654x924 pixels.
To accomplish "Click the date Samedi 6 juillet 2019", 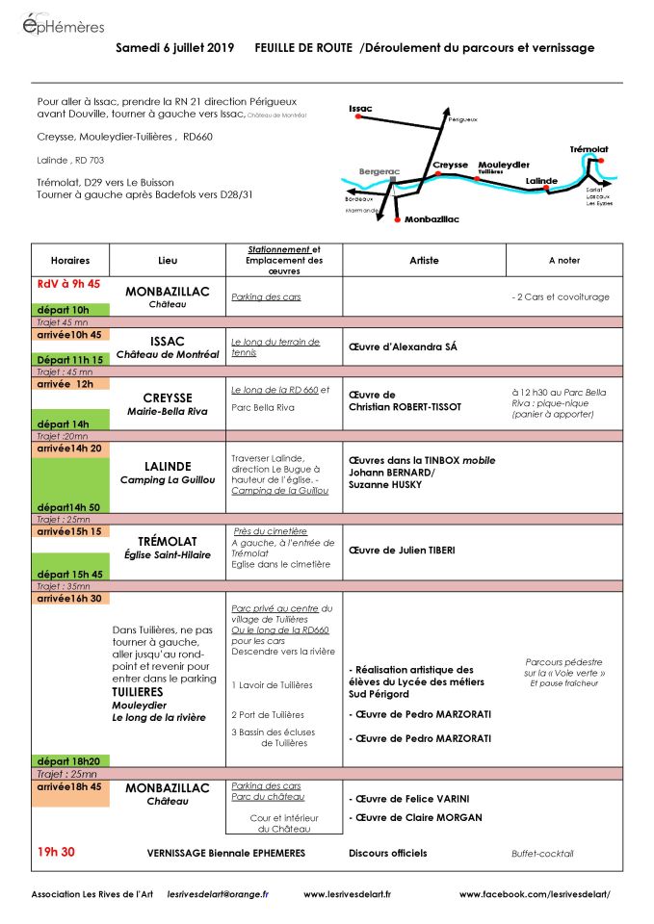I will point(175,47).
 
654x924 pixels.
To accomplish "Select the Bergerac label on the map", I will point(378,171).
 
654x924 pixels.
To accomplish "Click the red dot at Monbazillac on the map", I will point(396,221).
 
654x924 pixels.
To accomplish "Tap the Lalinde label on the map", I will point(541,180).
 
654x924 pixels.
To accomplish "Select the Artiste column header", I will point(424,260).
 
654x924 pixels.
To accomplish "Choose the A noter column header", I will point(564,260).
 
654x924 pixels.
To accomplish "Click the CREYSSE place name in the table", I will point(168,398).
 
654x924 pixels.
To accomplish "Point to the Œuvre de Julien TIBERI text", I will point(402,551).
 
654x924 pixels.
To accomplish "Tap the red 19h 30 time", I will point(56,852).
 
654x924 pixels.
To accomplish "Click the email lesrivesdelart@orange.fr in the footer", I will point(218,894).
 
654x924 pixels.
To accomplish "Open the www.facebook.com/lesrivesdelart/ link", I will point(535,894).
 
